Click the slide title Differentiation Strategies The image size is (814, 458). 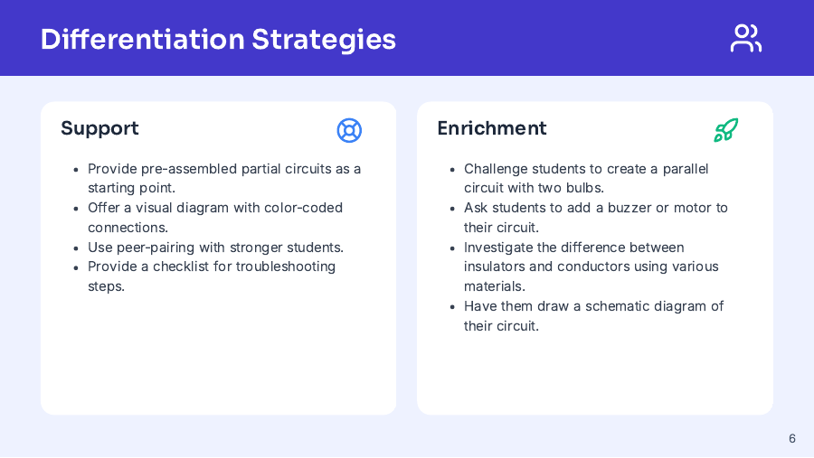pyautogui.click(x=218, y=39)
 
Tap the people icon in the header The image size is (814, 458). pyautogui.click(x=745, y=38)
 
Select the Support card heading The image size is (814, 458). pyautogui.click(x=99, y=128)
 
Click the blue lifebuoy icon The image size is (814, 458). pyautogui.click(x=349, y=130)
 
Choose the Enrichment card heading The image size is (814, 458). pyautogui.click(x=491, y=128)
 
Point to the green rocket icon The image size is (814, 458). pyautogui.click(x=725, y=130)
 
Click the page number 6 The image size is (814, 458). pyautogui.click(x=792, y=439)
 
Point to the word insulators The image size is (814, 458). pyautogui.click(x=497, y=266)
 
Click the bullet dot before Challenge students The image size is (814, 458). pyautogui.click(x=453, y=170)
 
